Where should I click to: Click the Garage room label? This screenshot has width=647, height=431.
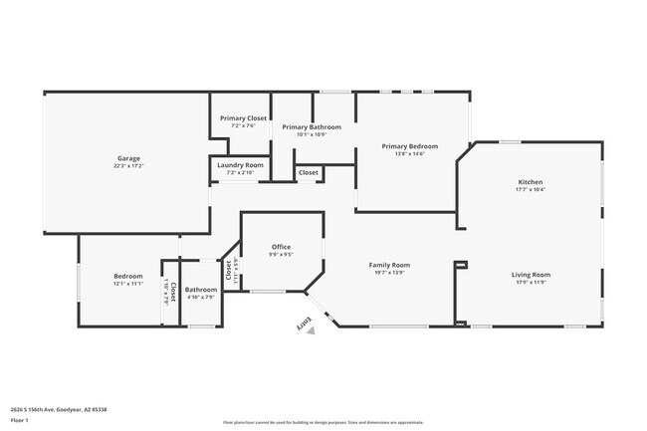(x=127, y=158)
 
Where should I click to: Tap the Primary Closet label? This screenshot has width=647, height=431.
(x=243, y=118)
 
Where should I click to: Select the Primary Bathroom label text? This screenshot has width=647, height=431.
(x=312, y=126)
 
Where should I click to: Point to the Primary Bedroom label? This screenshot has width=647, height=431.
(x=410, y=145)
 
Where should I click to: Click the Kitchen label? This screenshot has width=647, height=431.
(x=530, y=182)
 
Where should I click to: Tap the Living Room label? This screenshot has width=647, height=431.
(x=531, y=274)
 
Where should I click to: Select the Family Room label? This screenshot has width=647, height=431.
(x=389, y=265)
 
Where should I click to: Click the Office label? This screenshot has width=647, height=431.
(x=282, y=247)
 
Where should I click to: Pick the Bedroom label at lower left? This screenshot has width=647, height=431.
(x=127, y=276)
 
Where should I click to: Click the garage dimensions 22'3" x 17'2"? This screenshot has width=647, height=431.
(x=127, y=166)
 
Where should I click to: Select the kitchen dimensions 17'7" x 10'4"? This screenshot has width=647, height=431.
(x=530, y=190)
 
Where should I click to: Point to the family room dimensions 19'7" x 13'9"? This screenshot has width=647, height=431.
(x=389, y=273)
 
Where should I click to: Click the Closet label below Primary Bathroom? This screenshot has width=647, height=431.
(x=309, y=172)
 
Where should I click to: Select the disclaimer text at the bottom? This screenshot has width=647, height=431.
(x=323, y=421)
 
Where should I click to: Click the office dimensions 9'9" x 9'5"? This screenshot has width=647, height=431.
(x=282, y=255)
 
